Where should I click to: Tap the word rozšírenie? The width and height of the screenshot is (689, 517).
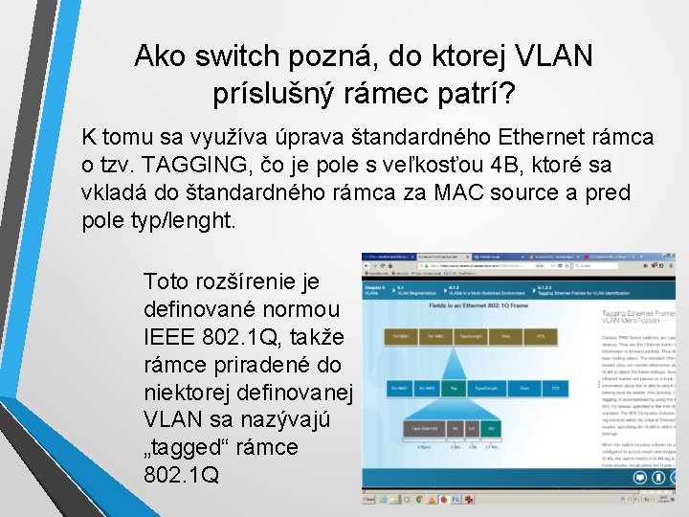point(247,281)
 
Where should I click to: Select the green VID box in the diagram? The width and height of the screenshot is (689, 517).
point(491,430)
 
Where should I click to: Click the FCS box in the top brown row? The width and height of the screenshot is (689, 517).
point(541,337)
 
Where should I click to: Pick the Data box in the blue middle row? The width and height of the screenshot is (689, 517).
point(524,388)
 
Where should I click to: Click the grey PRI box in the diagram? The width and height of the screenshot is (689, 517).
point(456,430)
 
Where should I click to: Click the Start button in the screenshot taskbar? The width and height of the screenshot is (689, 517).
point(367,499)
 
